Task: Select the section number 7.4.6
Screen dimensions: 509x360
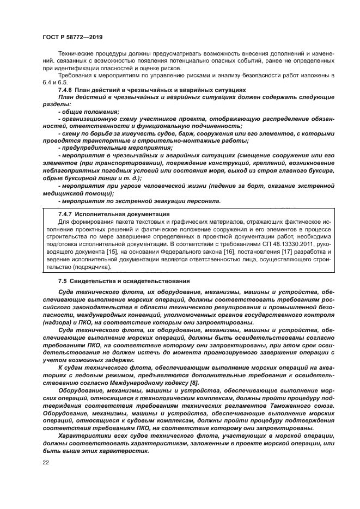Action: [x=67, y=89]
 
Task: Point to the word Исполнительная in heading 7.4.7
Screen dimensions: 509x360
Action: [x=99, y=214]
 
